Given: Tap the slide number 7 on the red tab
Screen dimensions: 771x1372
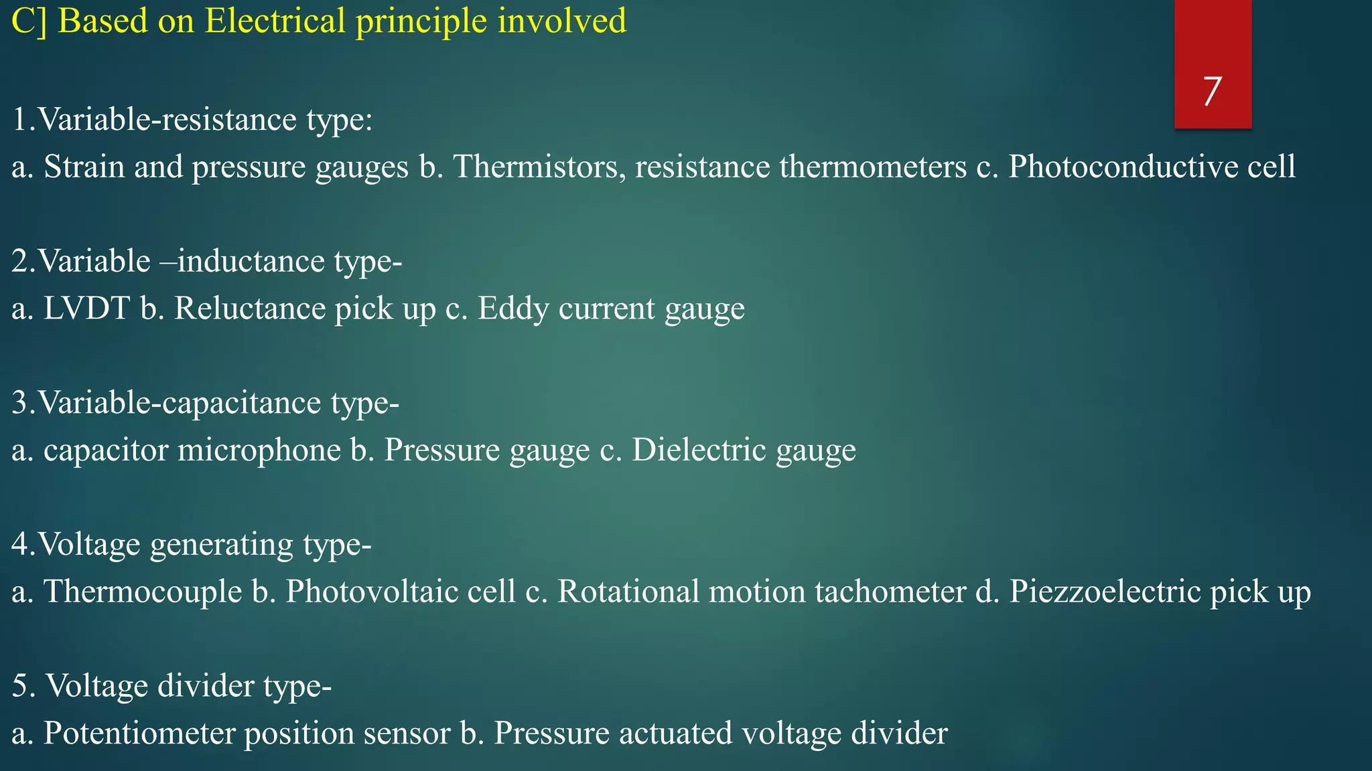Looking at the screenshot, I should [1212, 91].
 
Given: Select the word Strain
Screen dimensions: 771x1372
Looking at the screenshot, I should [84, 167].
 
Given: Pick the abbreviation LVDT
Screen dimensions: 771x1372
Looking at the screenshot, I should [86, 309].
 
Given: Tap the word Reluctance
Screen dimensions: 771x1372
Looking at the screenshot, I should [249, 309].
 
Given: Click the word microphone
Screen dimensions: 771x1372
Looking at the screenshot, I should [259, 450].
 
